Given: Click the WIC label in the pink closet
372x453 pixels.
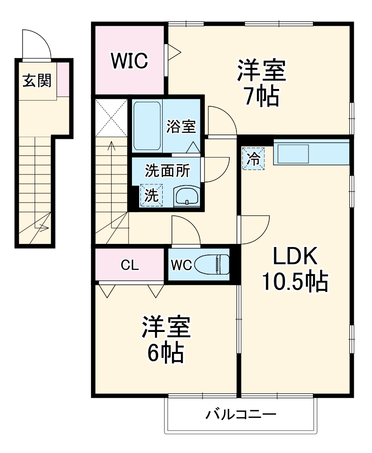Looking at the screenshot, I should coord(129,61).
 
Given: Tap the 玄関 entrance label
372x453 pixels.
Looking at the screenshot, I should coord(37,81).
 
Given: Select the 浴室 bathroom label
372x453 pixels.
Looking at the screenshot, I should coord(181,127).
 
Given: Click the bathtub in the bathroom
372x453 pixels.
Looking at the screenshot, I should coord(147,127).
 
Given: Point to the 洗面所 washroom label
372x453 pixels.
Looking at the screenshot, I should coord(168,170).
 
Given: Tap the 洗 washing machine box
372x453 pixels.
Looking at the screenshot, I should coord(152,195).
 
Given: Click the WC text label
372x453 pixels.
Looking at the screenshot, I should coord(181,266).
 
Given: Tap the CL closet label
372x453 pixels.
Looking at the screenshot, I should coord(130,266).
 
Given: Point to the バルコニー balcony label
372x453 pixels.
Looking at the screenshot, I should coord(241,416).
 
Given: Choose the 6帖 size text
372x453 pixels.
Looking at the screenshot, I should coord(166,352).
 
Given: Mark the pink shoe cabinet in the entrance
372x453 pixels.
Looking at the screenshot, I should coord(63,79).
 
